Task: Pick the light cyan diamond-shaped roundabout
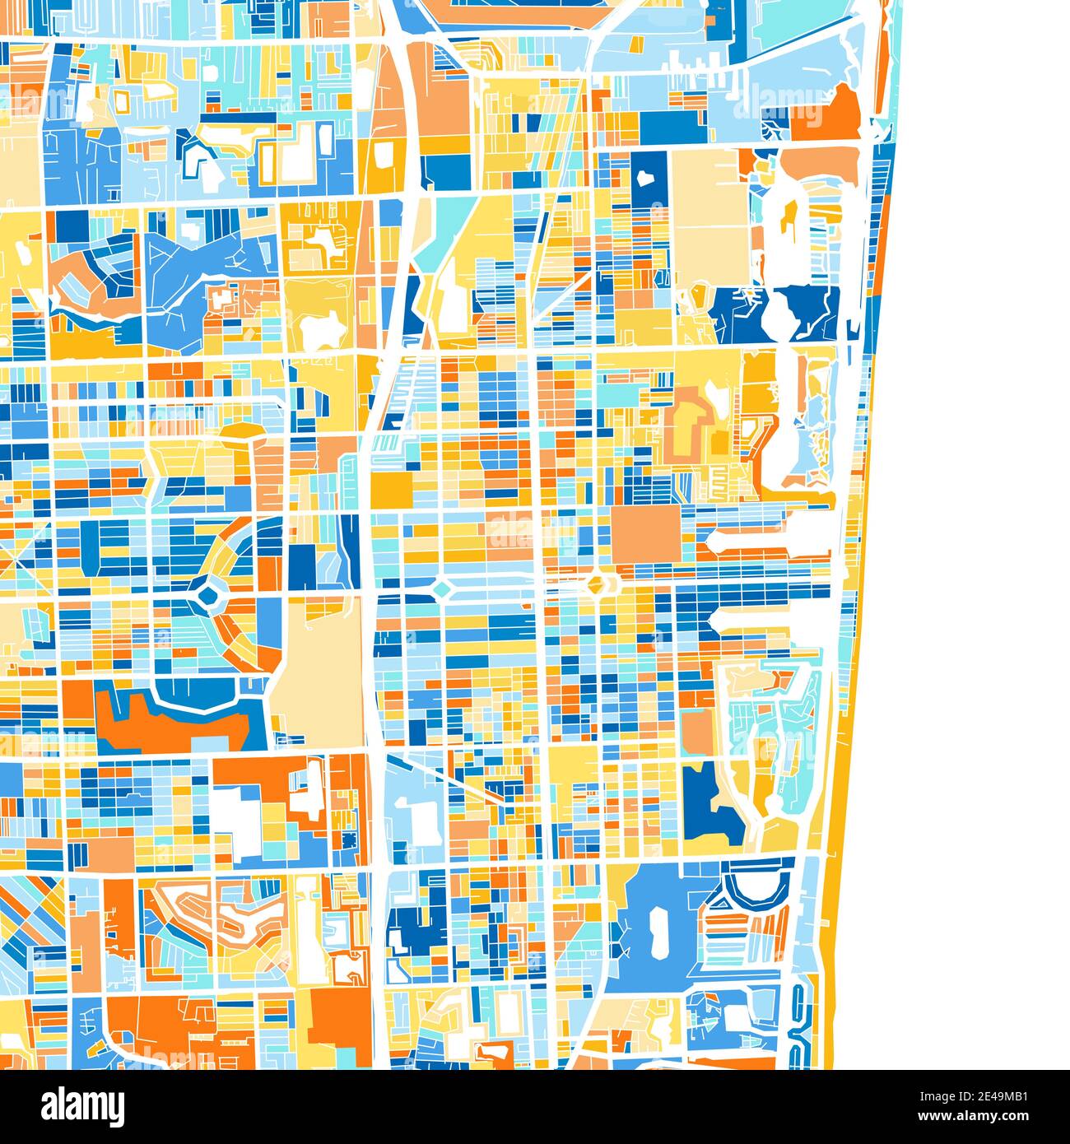[442, 588]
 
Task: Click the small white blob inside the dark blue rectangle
[644, 177]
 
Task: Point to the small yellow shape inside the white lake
[790, 216]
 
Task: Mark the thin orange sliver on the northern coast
[884, 66]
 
